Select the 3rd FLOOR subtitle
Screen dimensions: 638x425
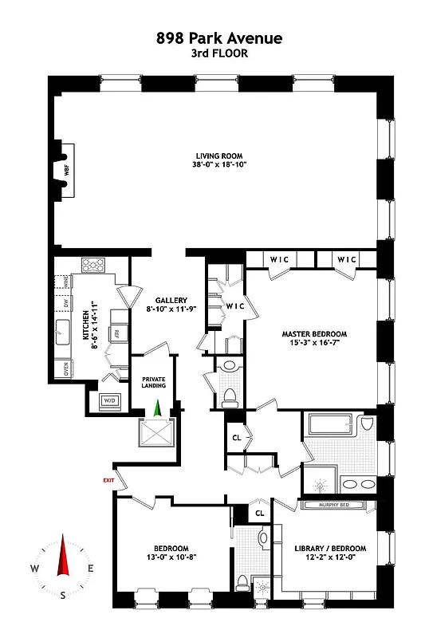tap(212, 53)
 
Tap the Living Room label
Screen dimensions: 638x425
tap(219, 156)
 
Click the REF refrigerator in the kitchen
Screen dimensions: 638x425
tap(116, 333)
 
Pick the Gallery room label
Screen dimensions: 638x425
tap(171, 301)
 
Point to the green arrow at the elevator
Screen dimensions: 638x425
tap(157, 408)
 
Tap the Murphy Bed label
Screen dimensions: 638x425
tap(333, 505)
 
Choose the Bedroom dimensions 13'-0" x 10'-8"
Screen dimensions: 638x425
tap(171, 558)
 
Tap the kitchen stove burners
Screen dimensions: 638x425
tap(93, 266)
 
